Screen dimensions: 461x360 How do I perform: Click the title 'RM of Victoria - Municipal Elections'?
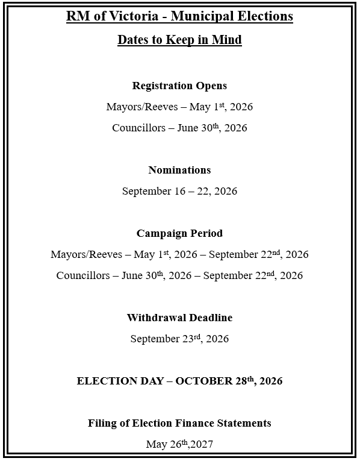pos(179,16)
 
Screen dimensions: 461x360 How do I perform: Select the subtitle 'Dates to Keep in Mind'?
pos(179,40)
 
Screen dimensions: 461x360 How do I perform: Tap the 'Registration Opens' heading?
pos(179,86)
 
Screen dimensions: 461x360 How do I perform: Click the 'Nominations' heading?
pos(179,170)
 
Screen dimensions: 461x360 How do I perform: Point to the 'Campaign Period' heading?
pos(179,233)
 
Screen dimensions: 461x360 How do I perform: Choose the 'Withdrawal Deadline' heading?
pos(179,318)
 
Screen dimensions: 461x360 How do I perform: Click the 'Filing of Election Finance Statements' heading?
pos(179,423)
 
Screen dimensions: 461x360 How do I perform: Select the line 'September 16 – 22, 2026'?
pos(179,191)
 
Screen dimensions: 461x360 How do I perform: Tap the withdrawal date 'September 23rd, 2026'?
pos(179,339)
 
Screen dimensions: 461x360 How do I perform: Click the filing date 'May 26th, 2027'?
pos(179,445)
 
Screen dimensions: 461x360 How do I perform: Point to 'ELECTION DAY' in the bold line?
pos(119,381)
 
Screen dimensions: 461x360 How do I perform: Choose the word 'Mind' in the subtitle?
pos(228,40)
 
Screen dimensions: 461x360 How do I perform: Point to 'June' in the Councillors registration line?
pos(188,128)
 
